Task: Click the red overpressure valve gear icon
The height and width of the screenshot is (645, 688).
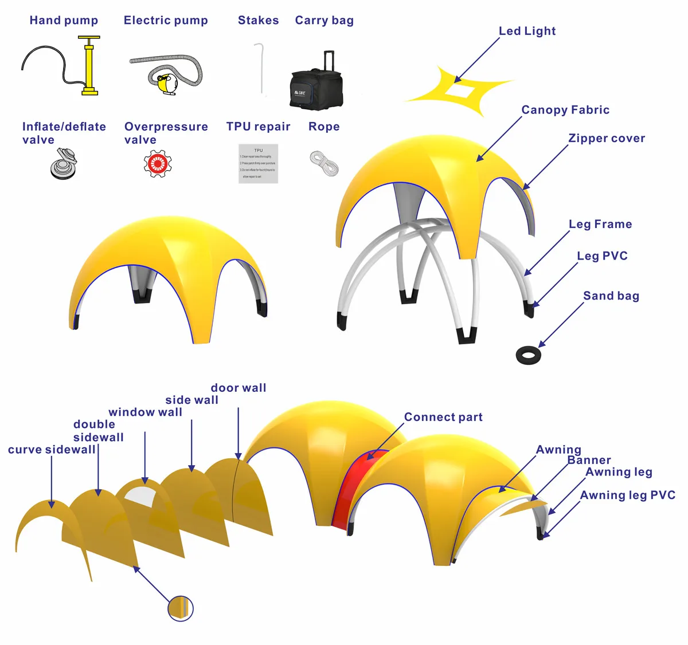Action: click(x=158, y=164)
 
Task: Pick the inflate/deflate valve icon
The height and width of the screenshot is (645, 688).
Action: click(x=63, y=163)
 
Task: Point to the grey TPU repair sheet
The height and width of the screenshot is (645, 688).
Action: click(x=258, y=164)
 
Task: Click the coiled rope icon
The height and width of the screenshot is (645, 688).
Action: click(x=325, y=163)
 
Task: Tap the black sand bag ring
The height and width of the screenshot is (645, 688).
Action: click(x=529, y=355)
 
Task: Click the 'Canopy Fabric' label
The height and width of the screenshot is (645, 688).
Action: click(x=565, y=110)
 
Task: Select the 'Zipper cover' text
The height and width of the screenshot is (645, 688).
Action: click(x=607, y=139)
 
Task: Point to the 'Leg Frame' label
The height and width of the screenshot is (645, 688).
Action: click(x=600, y=225)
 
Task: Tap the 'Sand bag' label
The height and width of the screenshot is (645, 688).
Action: click(x=611, y=296)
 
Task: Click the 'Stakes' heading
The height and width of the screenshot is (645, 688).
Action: click(x=258, y=21)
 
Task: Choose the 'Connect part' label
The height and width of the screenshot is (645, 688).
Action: click(x=443, y=418)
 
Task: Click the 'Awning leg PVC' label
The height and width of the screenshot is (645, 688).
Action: click(x=628, y=495)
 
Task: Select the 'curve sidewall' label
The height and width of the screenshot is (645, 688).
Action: click(x=52, y=450)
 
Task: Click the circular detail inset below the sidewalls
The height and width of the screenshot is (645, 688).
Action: click(x=181, y=608)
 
